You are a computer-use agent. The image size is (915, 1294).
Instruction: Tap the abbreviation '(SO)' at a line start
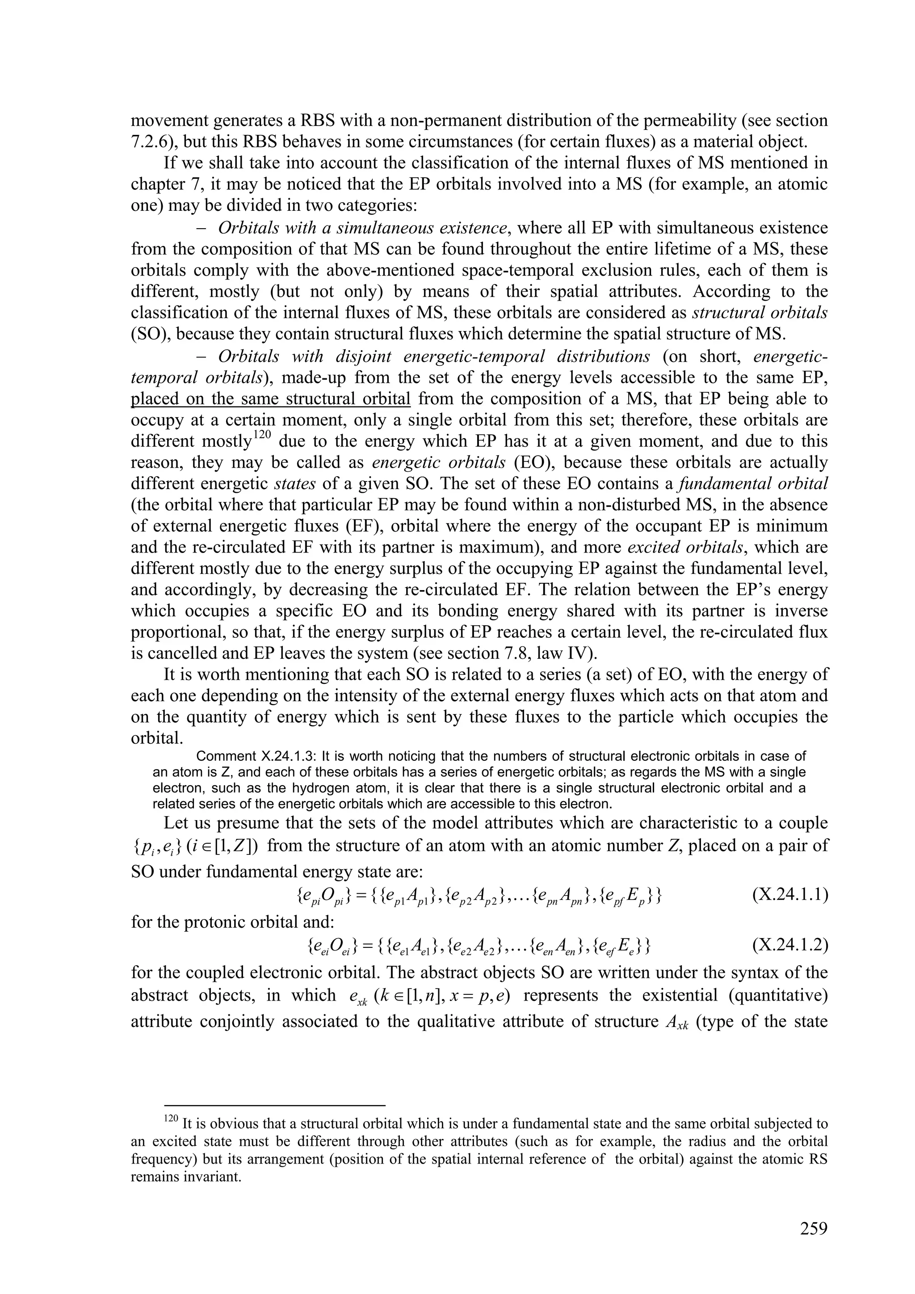149,334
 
